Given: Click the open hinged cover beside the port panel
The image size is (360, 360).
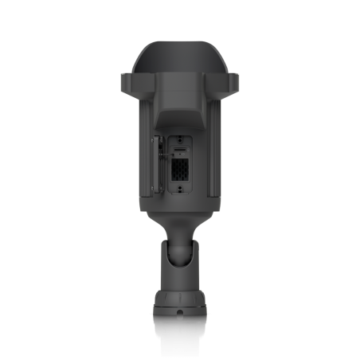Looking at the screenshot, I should pyautogui.click(x=157, y=166).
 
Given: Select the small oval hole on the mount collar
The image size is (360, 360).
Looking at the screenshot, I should pyautogui.click(x=181, y=312).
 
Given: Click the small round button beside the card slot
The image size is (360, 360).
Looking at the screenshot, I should pyautogui.click(x=190, y=149).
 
